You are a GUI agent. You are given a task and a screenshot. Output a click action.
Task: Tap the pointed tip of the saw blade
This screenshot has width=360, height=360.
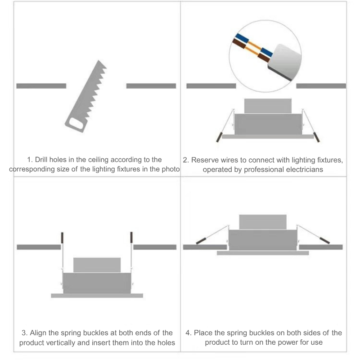tap(99, 60)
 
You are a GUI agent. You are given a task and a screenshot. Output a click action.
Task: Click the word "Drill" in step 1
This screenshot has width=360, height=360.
tap(41, 160)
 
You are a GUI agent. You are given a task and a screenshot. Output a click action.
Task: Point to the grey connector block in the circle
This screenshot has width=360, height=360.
tap(285, 62)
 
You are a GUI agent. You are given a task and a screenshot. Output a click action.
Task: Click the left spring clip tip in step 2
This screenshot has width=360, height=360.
tap(219, 137)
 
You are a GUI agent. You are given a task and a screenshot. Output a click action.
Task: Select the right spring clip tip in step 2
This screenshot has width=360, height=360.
tap(316, 137)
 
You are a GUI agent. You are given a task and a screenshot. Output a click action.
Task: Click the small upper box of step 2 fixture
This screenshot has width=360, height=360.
tap(268, 106)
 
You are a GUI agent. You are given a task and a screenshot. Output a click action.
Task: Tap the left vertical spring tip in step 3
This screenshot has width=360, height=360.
tap(62, 238)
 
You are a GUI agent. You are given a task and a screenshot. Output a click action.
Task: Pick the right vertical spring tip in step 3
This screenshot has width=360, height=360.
tap(131, 238)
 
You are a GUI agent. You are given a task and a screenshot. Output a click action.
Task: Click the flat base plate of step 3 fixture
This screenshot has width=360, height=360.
tap(97, 296)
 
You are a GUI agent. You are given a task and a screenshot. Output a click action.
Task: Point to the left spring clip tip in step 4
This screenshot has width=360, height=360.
tap(201, 241)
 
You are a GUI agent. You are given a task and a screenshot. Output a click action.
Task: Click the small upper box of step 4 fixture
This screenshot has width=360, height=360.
tap(263, 222)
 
